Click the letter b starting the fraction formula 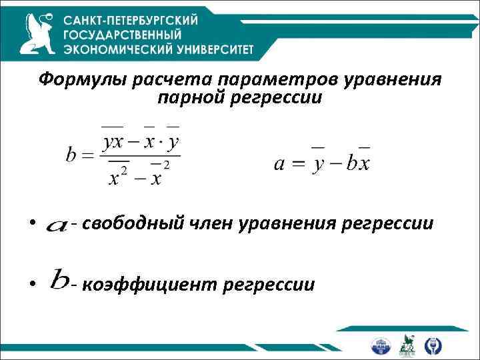tap(72, 155)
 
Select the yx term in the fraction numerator tap(115, 142)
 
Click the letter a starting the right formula tap(280, 163)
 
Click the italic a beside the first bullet tap(57, 227)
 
